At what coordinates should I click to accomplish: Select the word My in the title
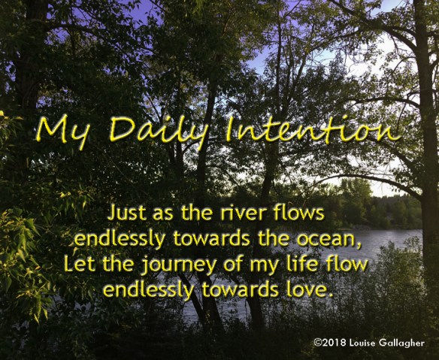(63, 130)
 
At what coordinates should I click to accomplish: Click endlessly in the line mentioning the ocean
(120, 239)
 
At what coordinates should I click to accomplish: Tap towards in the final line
(241, 289)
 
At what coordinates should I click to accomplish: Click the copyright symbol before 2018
(317, 343)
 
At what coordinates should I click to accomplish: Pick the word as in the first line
(163, 214)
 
